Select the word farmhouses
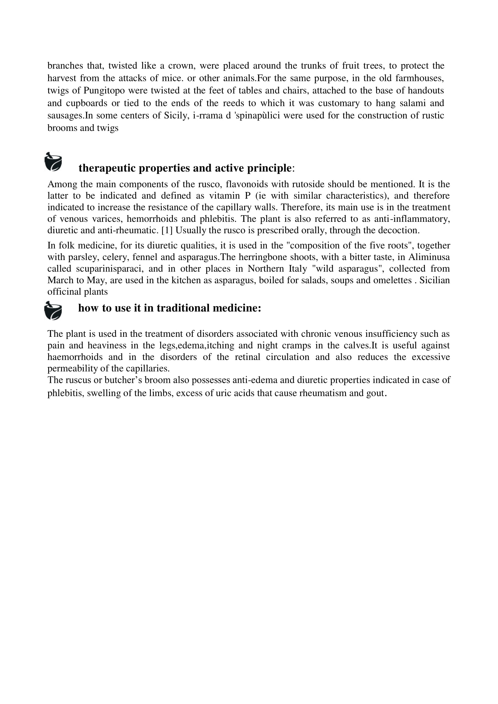coord(419,78)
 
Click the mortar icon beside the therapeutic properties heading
coord(53,162)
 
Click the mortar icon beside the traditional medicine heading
coord(53,311)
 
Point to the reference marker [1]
coord(167,230)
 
